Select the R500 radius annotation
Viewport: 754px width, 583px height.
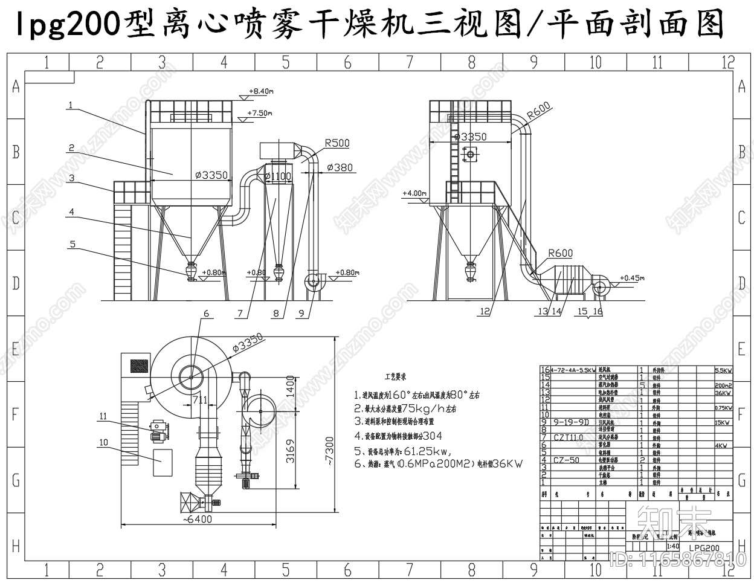click(x=337, y=144)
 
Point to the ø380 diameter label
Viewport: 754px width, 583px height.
click(x=340, y=167)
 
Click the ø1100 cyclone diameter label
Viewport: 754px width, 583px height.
click(x=277, y=176)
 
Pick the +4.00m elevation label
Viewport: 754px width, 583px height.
click(x=414, y=193)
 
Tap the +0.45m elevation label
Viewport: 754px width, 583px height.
click(x=632, y=279)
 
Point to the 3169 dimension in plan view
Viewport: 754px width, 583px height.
click(x=291, y=451)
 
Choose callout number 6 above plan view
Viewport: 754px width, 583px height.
click(x=206, y=314)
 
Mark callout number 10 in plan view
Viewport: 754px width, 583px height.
click(x=103, y=443)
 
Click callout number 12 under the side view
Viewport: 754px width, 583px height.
click(x=484, y=312)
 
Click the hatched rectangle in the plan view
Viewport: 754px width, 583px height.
click(x=139, y=366)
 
